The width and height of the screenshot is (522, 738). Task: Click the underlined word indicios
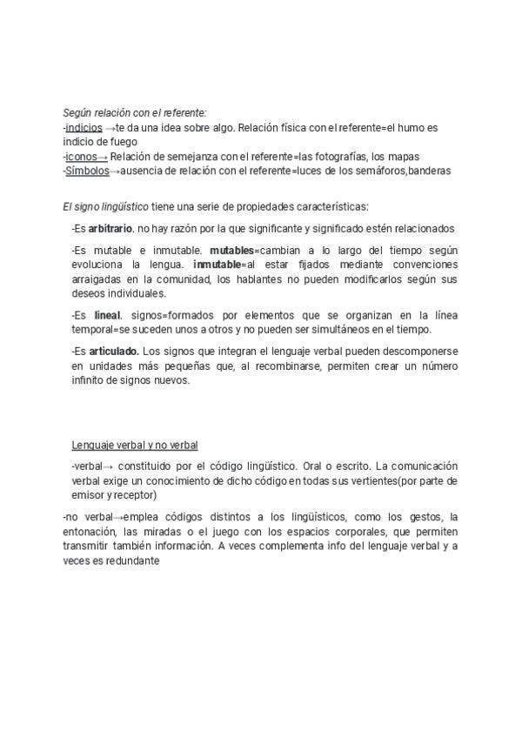(x=84, y=127)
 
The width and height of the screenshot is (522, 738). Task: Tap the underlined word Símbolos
(x=87, y=171)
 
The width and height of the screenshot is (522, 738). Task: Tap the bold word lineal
(x=108, y=315)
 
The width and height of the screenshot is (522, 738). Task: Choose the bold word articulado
(x=113, y=351)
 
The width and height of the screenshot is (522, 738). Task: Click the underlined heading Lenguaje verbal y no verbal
(x=135, y=446)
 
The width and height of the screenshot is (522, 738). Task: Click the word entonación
(x=90, y=533)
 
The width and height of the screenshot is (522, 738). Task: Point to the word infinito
(x=89, y=380)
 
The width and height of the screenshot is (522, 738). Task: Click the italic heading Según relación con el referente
(x=135, y=113)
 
